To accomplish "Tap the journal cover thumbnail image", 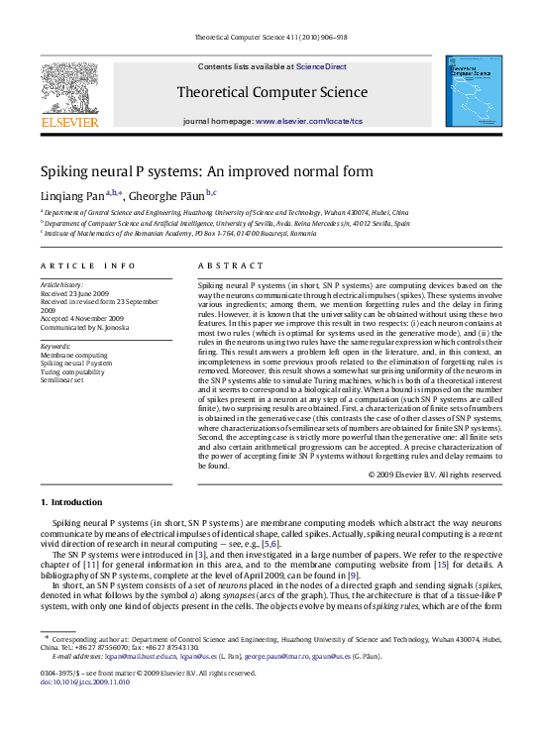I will click(472, 91).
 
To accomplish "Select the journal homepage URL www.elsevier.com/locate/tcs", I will click(310, 120).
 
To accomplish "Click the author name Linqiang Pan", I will click(71, 194).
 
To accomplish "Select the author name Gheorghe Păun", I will click(165, 194).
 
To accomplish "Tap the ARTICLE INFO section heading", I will click(87, 265).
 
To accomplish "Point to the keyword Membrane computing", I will click(74, 355).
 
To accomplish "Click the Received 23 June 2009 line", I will click(75, 293).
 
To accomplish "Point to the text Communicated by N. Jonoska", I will click(86, 328).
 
